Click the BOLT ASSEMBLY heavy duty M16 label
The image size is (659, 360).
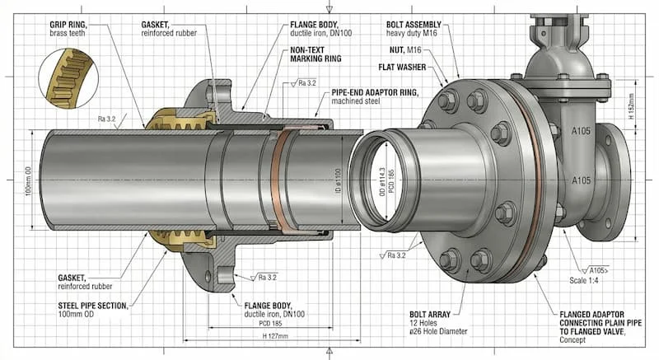tap(422, 28)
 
